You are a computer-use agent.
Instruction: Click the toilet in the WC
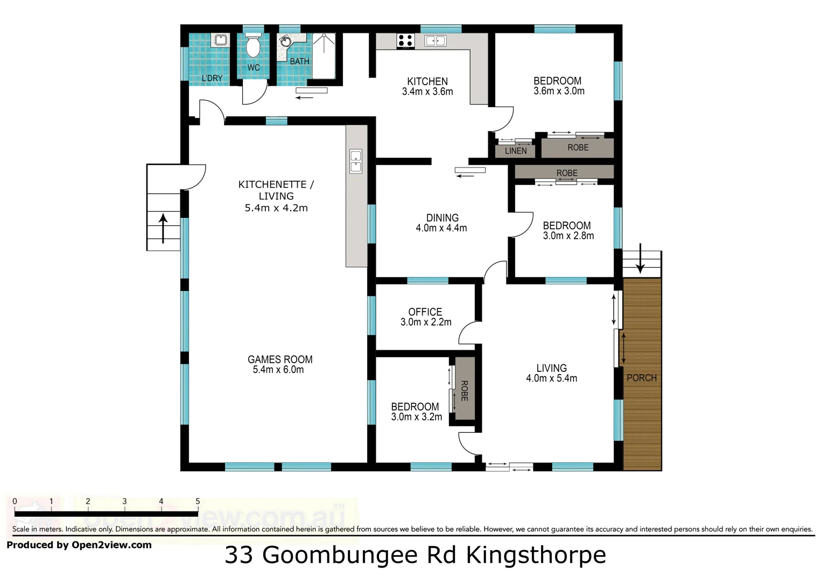coord(252,46)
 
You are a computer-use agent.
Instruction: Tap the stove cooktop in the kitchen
coord(405,40)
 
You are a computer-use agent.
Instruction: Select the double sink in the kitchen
coord(435,40)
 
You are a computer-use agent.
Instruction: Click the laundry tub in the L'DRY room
coord(220,40)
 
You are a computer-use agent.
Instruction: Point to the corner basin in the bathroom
coord(285,42)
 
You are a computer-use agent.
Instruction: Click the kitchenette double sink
coord(356,161)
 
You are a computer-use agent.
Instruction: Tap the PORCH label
coord(641,378)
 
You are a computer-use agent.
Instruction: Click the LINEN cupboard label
coord(516,151)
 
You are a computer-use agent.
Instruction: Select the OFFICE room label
coord(425,312)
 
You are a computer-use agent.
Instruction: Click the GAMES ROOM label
coord(280,359)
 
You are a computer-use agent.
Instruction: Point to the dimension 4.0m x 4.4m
coord(441,228)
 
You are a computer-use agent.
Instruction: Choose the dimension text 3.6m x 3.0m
coord(559,91)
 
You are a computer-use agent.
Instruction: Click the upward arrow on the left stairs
coord(163,227)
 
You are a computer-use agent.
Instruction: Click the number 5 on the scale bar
coord(198,501)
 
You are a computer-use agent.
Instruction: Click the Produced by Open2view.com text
coord(79,545)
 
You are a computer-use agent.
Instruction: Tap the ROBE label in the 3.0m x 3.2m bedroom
coord(464,391)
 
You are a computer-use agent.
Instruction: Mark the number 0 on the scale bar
coord(15,501)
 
